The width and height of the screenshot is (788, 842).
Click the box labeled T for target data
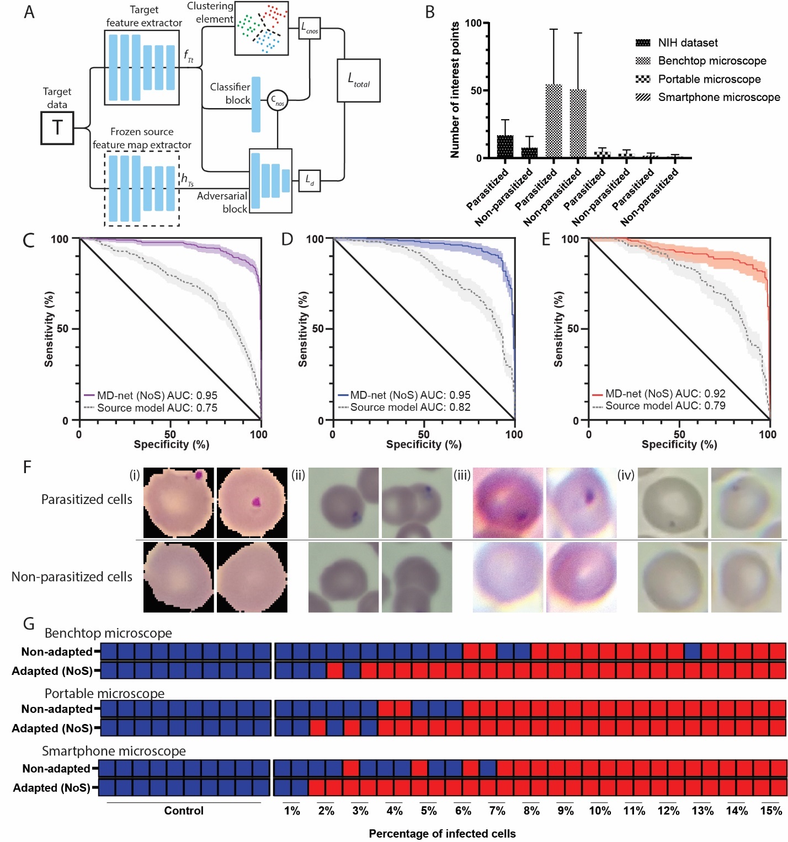57,128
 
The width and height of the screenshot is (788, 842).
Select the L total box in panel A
358,81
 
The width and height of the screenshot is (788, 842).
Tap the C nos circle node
277,100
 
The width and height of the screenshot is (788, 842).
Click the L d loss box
309,180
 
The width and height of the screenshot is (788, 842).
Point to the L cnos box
309,28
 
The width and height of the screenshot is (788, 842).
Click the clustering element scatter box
261,28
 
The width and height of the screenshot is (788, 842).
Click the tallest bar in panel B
553,121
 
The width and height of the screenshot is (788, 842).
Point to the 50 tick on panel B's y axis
476,90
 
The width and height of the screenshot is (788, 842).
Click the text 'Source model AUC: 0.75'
157,408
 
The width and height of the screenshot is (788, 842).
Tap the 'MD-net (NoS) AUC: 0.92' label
665,394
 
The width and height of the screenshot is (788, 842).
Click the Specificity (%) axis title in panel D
423,444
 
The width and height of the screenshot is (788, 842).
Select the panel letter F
27,468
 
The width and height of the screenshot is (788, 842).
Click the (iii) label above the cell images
461,475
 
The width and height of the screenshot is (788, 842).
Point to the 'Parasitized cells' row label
87,500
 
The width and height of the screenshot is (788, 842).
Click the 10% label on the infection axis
599,811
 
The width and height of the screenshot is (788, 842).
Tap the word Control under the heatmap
184,811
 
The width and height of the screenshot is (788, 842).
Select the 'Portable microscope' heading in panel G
104,693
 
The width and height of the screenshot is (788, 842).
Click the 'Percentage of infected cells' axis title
442,834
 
